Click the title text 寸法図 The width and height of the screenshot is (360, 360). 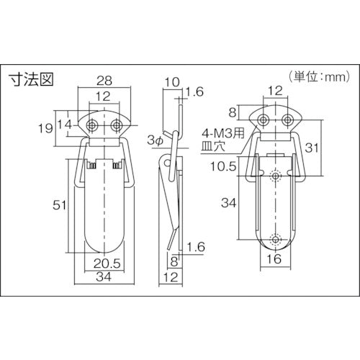[x=31, y=78]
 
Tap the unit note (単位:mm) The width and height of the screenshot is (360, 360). [x=320, y=77]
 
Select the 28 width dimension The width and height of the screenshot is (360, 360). [x=104, y=81]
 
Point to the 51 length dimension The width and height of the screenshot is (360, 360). [x=59, y=205]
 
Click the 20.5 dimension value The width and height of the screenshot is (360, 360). [x=107, y=264]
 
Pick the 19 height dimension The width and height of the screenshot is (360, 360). [x=45, y=128]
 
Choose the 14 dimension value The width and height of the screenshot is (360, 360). [x=65, y=125]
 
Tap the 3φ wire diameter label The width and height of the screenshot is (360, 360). [x=156, y=140]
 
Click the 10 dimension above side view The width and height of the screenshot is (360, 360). [x=172, y=82]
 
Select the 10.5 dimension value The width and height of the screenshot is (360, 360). [x=224, y=166]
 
